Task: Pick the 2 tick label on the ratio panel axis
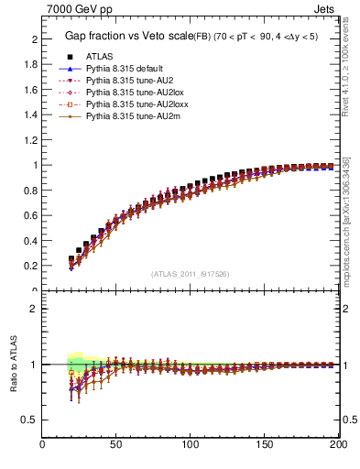tap(34, 309)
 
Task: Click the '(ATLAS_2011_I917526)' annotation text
tap(189, 273)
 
